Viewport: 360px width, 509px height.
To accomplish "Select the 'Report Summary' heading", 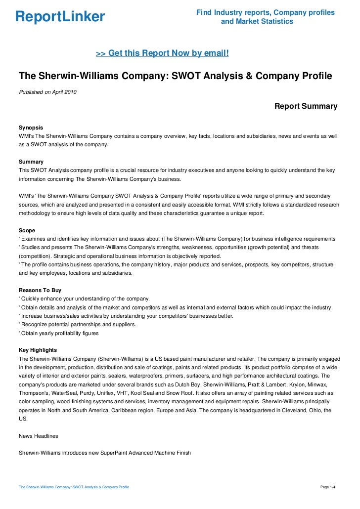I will coord(306,106).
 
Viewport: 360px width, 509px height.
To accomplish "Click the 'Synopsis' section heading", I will coord(31,127).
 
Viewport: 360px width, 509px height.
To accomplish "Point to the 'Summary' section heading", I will coord(31,162).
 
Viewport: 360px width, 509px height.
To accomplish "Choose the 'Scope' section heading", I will coord(27,230).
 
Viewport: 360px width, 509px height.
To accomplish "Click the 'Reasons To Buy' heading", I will coord(40,290).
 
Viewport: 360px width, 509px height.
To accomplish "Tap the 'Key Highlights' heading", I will coord(38,350).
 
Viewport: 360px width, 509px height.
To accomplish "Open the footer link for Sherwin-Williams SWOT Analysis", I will coord(74,487).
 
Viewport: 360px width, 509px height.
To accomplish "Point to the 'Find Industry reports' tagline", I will coord(265,12).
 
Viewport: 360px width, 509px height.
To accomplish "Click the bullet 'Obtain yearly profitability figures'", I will coord(59,333).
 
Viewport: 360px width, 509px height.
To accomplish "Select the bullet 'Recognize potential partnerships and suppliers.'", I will coord(77,325).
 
